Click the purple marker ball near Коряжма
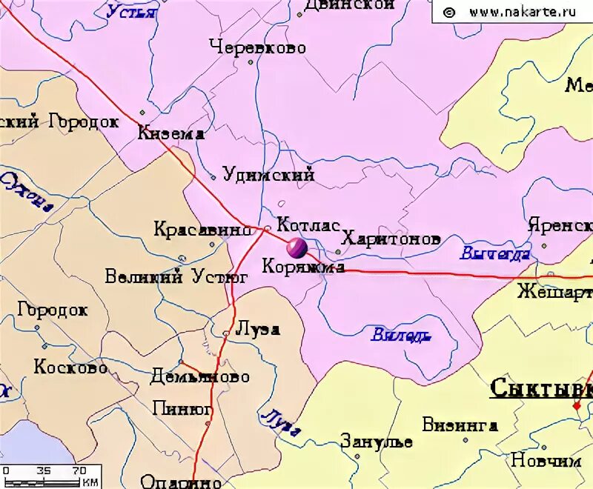click(296, 247)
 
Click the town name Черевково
click(257, 47)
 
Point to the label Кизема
click(171, 134)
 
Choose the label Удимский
click(269, 175)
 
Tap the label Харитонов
click(391, 239)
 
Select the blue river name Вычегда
click(494, 254)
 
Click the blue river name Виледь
click(401, 336)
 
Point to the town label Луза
click(256, 329)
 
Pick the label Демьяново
click(199, 376)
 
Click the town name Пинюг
click(182, 408)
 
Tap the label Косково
click(70, 367)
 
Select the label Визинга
click(460, 425)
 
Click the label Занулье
click(377, 442)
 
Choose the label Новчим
click(546, 460)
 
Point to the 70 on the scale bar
click(79, 470)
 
